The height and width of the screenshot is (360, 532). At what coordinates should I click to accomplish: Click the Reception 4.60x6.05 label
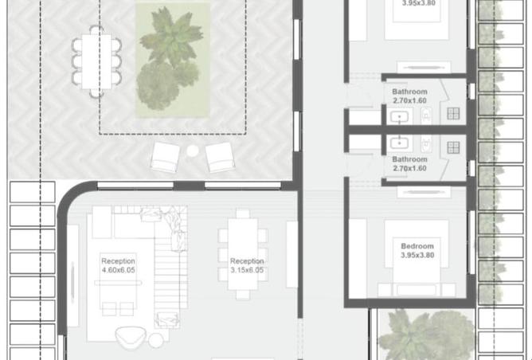[x=119, y=266]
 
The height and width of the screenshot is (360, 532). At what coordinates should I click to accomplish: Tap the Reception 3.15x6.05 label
[x=247, y=266]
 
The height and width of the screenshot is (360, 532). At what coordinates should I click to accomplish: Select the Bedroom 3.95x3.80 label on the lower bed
[x=417, y=251]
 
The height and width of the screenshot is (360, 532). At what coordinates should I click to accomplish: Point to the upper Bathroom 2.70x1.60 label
[x=409, y=96]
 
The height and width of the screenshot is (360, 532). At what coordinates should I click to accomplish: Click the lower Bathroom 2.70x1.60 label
[x=409, y=163]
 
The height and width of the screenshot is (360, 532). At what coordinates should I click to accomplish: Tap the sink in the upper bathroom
[x=399, y=117]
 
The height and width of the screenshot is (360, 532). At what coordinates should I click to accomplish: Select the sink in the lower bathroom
[x=399, y=143]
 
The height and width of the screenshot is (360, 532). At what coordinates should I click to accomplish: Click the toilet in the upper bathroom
[x=426, y=115]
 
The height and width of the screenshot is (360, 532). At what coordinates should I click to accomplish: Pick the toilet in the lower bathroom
[x=426, y=144]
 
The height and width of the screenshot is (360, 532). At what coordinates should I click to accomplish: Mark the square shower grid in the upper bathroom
[x=453, y=114]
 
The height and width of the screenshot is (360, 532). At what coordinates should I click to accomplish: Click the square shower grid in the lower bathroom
[x=453, y=147]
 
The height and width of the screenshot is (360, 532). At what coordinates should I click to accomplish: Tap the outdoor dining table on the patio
[x=96, y=61]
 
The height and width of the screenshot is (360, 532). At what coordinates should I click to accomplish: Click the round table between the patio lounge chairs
[x=193, y=151]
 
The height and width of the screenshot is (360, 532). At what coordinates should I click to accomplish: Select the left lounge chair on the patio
[x=165, y=157]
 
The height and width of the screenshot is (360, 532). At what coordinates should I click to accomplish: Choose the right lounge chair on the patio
[x=220, y=157]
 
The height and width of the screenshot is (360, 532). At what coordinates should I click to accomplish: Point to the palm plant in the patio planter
[x=172, y=37]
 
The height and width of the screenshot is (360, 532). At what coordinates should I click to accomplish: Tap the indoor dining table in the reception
[x=243, y=254]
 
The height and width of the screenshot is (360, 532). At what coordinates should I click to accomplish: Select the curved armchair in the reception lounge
[x=131, y=337]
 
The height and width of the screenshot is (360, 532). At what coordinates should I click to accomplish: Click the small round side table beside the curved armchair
[x=156, y=341]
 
